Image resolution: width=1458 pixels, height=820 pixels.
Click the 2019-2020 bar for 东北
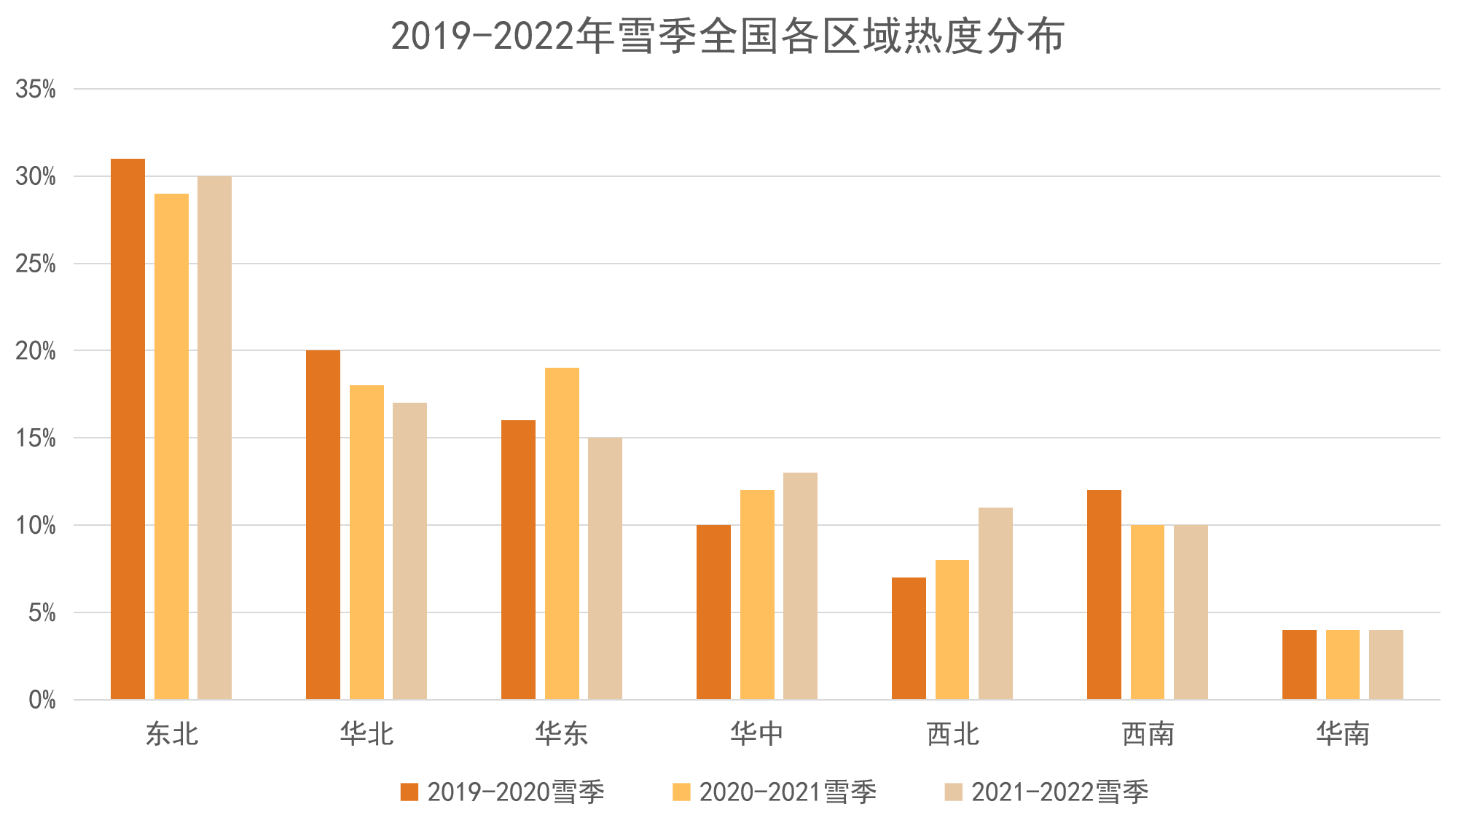(x=128, y=429)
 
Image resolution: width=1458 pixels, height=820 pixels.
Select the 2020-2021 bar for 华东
(x=562, y=534)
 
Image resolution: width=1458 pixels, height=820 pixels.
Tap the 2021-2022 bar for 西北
(x=995, y=604)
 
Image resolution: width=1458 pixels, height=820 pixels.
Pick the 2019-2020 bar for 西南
(x=1104, y=595)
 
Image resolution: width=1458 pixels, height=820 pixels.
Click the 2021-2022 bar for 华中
(x=800, y=586)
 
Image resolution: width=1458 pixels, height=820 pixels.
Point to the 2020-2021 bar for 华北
(x=367, y=543)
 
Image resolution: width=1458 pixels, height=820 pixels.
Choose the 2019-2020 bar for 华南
(x=1299, y=665)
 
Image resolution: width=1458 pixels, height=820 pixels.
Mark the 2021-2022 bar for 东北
(x=214, y=438)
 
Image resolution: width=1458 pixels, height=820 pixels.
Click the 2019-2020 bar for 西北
(x=909, y=639)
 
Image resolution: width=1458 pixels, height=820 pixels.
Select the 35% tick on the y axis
(x=36, y=90)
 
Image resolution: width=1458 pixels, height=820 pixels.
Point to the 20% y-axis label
(x=36, y=351)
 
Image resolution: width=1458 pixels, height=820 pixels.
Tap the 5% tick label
(x=42, y=613)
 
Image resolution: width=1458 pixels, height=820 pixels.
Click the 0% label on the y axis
(x=42, y=701)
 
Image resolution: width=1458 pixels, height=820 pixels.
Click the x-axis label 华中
(x=757, y=733)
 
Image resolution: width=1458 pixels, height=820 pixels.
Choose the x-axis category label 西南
(x=1148, y=733)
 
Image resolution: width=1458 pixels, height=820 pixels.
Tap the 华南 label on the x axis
(x=1343, y=733)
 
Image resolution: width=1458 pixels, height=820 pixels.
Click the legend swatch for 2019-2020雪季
(x=409, y=792)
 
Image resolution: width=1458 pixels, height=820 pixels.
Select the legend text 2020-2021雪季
(x=788, y=792)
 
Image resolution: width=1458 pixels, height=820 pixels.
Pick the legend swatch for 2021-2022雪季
(x=953, y=792)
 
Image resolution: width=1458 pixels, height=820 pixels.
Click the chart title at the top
(x=728, y=36)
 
